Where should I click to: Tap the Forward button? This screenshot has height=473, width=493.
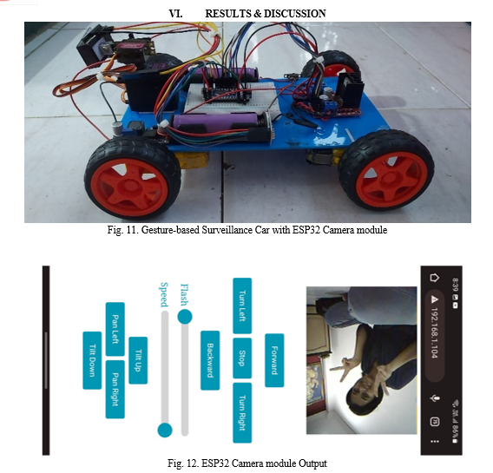pyautogui.click(x=274, y=360)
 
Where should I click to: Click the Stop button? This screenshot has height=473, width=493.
pyautogui.click(x=242, y=358)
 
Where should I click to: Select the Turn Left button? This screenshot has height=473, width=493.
pyautogui.click(x=242, y=305)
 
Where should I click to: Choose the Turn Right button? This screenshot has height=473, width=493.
pyautogui.click(x=242, y=412)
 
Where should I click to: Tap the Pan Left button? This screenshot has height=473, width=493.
pyautogui.click(x=115, y=329)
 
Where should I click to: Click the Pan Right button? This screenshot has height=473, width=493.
pyautogui.click(x=115, y=389)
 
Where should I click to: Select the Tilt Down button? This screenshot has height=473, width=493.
pyautogui.click(x=92, y=360)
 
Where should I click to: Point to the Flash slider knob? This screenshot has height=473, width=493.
pyautogui.click(x=185, y=316)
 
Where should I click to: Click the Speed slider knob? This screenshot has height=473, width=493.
pyautogui.click(x=165, y=430)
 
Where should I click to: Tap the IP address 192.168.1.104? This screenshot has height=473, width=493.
pyautogui.click(x=434, y=332)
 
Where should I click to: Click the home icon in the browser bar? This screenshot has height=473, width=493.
pyautogui.click(x=434, y=278)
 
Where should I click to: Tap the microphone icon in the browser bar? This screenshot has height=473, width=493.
pyautogui.click(x=435, y=398)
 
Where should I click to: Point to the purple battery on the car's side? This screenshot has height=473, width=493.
pyautogui.click(x=217, y=122)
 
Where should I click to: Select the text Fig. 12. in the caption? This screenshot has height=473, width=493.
pyautogui.click(x=182, y=463)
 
